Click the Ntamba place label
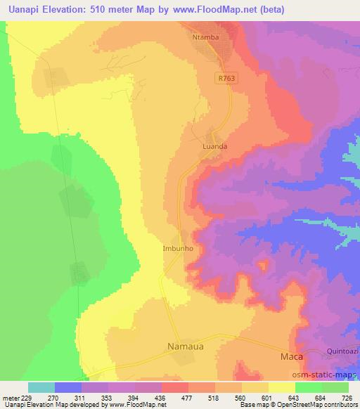207,36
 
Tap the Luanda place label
214,147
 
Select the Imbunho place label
178,248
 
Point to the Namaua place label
188,346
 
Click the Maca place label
290,357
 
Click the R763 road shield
224,79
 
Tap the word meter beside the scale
11,397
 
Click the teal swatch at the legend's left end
41,387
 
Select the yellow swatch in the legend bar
282,387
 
